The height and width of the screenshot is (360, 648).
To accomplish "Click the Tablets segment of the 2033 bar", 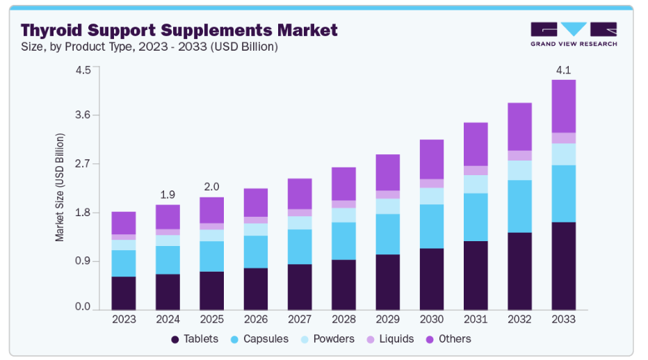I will pyautogui.click(x=563, y=265).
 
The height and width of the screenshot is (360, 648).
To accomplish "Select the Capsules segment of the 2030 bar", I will pyautogui.click(x=431, y=226).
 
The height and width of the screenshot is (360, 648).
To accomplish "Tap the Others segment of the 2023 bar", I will pyautogui.click(x=124, y=223).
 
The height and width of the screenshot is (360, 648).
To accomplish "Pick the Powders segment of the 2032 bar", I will pyautogui.click(x=519, y=170).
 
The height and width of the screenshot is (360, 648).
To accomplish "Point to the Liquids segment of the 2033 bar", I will pyautogui.click(x=563, y=138).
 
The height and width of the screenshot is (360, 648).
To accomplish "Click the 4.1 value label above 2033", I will pyautogui.click(x=563, y=70).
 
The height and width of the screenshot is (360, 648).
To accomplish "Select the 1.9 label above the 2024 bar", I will pyautogui.click(x=168, y=195).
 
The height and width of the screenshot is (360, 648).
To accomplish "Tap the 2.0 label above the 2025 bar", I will pyautogui.click(x=211, y=187).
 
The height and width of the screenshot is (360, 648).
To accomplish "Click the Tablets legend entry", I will pyautogui.click(x=195, y=339).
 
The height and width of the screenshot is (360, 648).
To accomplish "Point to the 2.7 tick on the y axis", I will pyautogui.click(x=82, y=164).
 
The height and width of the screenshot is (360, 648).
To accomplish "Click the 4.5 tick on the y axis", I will pyautogui.click(x=82, y=69).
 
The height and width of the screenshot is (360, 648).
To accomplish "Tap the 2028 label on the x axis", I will pyautogui.click(x=343, y=319).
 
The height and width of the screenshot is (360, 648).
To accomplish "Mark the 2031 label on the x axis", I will pyautogui.click(x=476, y=319).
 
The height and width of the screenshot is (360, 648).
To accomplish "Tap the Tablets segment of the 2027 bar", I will pyautogui.click(x=300, y=286).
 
